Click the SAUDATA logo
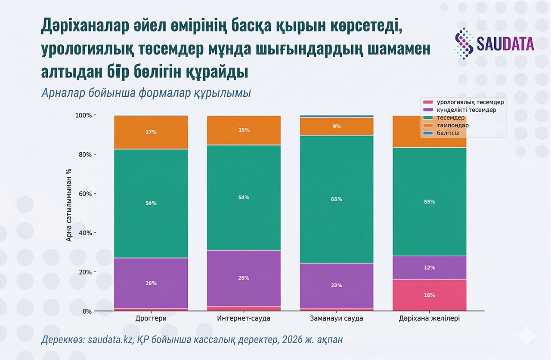point(494,43)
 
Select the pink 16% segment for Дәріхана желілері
point(429,295)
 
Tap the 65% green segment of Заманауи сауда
point(337,199)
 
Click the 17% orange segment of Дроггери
point(151,132)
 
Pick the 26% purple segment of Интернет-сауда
point(244,278)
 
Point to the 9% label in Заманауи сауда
point(337,126)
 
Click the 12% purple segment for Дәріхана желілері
point(429,268)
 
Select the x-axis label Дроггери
point(151,319)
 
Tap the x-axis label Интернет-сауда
point(244,319)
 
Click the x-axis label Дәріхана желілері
point(429,319)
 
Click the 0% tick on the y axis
point(86,311)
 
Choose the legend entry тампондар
point(452,125)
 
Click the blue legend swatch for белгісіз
point(428,133)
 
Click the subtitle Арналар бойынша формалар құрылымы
point(146,93)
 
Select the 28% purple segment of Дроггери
point(151,283)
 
